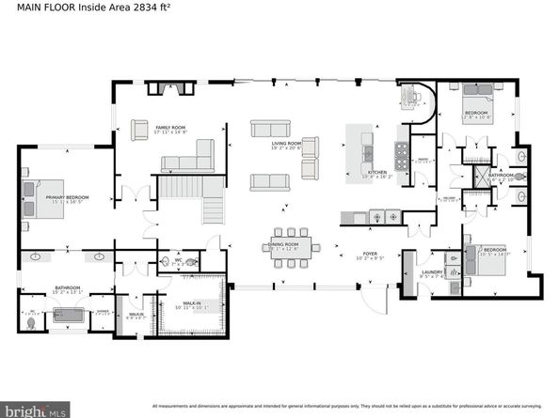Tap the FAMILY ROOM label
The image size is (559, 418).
(x=171, y=129)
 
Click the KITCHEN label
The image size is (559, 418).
(x=377, y=173)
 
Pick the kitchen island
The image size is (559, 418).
(x=361, y=146)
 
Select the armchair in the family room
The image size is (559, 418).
(x=139, y=129)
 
